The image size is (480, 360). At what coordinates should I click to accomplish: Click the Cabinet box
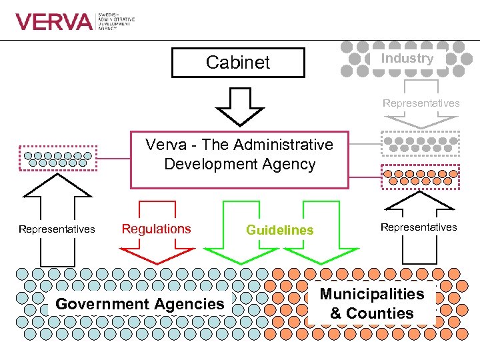238,63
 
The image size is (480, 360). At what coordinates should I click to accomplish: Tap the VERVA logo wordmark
54,22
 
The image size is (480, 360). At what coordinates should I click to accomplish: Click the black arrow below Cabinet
238,105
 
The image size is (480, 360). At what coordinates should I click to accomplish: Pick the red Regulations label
156,229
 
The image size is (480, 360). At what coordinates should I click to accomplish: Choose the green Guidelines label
279,230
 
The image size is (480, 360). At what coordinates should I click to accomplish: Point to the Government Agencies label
140,304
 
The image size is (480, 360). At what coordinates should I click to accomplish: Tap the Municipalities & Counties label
372,303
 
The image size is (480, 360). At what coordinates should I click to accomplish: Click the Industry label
407,58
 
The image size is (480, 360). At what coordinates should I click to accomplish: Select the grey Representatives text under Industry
421,103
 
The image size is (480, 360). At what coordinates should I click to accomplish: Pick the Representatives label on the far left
57,229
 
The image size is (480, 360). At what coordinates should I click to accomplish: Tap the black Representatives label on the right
419,227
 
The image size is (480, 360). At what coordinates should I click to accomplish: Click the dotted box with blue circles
59,159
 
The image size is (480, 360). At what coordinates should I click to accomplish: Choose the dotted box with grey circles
420,144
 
